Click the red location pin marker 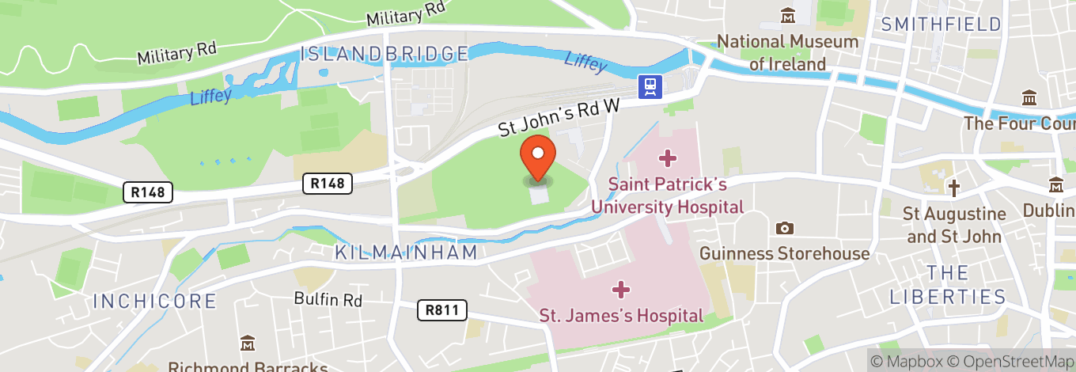[538, 157]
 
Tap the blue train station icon [651, 85]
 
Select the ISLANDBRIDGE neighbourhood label [385, 54]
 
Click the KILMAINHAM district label [406, 252]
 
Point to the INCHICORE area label [154, 301]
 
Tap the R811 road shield [441, 309]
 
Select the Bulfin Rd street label [328, 300]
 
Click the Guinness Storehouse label [784, 253]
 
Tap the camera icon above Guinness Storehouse [784, 229]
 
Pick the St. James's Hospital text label [621, 315]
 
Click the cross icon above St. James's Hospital [621, 290]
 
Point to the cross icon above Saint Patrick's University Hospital [668, 159]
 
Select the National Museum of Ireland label [787, 52]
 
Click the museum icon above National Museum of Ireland [788, 15]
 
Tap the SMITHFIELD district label [941, 24]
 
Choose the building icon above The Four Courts [1029, 98]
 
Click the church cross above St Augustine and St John [955, 188]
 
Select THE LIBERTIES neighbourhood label [947, 285]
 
